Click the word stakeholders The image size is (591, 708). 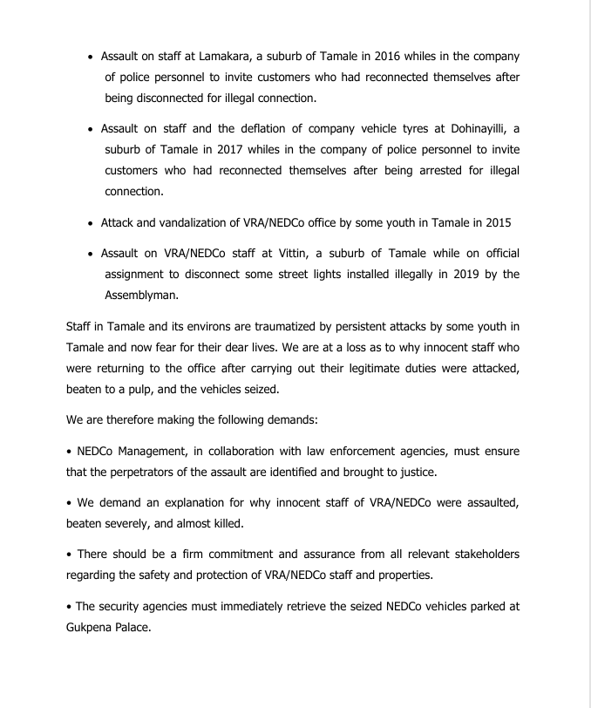pos(486,555)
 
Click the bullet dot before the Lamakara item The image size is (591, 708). pos(91,57)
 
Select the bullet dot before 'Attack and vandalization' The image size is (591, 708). pos(91,223)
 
